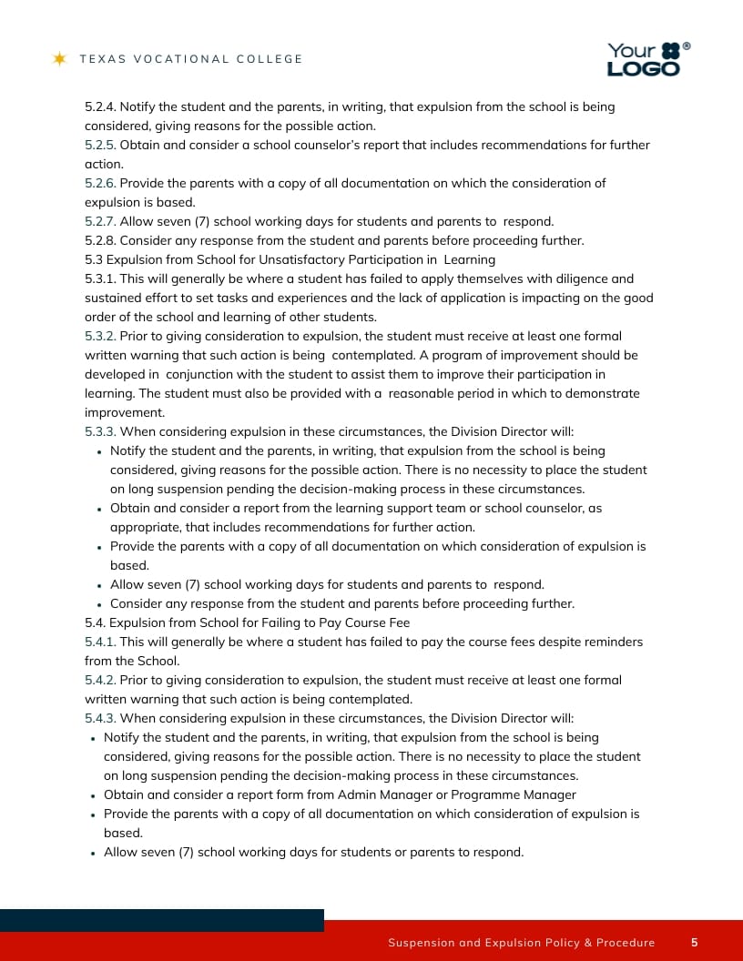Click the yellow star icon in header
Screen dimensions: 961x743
(x=60, y=59)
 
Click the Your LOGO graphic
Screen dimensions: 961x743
(x=647, y=59)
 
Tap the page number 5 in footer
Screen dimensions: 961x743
(x=695, y=942)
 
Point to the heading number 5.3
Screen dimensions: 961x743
(x=94, y=259)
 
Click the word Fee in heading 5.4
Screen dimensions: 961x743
(x=399, y=622)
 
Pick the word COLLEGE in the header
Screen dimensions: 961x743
(x=270, y=59)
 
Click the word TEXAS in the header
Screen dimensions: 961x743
(x=101, y=59)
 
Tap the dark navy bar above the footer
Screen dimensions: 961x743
(x=162, y=920)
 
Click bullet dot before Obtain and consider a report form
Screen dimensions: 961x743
(x=95, y=795)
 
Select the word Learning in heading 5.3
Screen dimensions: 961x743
(x=469, y=259)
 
